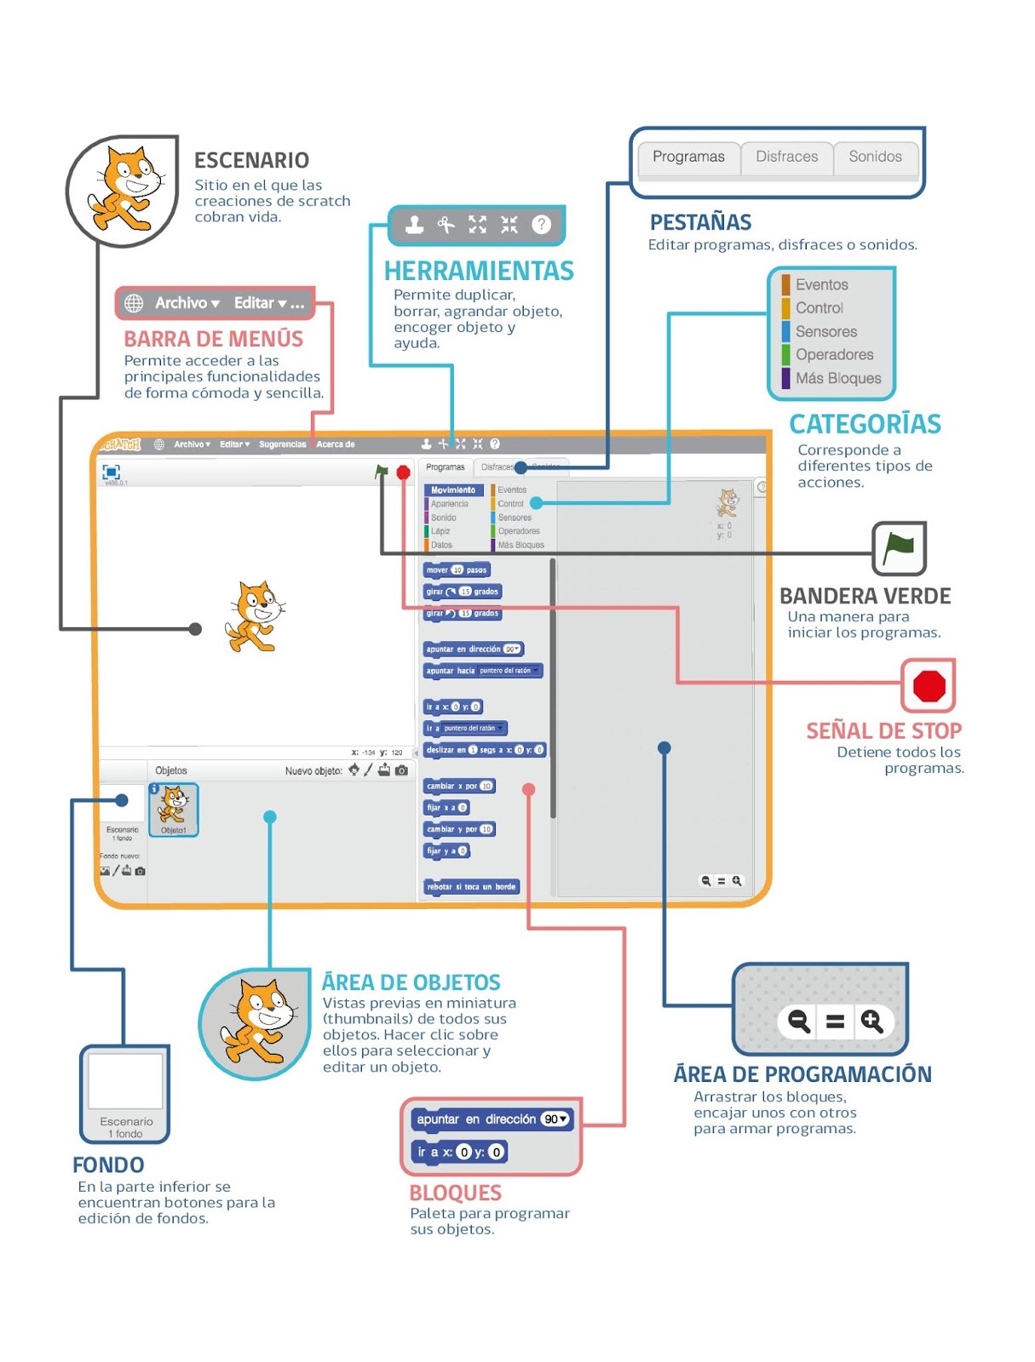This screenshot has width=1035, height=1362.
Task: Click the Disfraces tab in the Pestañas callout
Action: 786,157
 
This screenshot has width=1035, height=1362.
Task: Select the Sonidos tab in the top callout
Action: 875,157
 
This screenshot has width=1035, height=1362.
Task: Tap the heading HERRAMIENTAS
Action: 479,271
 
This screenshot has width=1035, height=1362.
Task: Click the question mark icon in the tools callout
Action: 541,225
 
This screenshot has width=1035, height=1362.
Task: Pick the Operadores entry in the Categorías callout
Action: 834,355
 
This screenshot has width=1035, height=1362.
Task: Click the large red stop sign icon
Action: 929,686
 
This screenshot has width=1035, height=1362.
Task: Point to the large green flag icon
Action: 899,547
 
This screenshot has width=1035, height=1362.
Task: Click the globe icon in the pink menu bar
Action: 134,303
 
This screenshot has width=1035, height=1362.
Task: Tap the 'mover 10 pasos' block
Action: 456,570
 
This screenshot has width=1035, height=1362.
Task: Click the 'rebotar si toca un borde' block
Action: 471,887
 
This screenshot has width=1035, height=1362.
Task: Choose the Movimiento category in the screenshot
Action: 453,490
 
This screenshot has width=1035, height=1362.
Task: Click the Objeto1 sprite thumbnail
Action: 174,810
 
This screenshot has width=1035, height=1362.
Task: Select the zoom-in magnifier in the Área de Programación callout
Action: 871,1021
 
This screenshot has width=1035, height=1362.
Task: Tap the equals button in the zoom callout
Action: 835,1021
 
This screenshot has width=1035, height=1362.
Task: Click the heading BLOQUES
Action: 455,1193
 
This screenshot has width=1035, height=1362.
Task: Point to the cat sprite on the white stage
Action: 254,616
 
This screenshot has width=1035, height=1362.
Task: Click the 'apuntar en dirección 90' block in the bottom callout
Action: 492,1119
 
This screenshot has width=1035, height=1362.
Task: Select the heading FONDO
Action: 108,1165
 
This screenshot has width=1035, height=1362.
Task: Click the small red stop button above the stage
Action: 403,472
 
